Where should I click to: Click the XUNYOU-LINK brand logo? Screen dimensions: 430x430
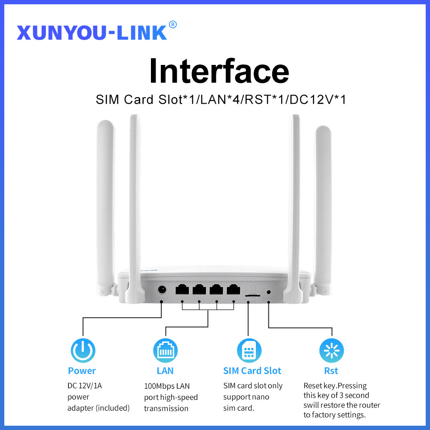(x=92, y=32)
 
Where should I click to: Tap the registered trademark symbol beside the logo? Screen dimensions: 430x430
(x=173, y=25)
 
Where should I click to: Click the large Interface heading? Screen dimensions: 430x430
(x=219, y=71)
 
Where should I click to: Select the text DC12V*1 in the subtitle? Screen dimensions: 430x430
(x=318, y=100)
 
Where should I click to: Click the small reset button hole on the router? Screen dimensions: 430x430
(x=269, y=292)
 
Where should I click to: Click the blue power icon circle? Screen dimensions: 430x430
(x=83, y=350)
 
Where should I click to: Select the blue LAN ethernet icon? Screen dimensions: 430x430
(x=165, y=350)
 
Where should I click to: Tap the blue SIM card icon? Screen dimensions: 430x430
(x=249, y=350)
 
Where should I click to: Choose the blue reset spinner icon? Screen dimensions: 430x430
(x=331, y=350)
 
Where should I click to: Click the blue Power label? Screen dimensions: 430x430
(x=82, y=371)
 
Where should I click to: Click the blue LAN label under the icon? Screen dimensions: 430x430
(x=165, y=371)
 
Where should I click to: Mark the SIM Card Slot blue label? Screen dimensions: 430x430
(x=252, y=371)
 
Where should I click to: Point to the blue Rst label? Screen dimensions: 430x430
(x=331, y=371)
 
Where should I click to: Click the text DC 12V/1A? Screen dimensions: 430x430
(x=85, y=386)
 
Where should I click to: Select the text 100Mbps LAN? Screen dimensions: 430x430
(x=167, y=386)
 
